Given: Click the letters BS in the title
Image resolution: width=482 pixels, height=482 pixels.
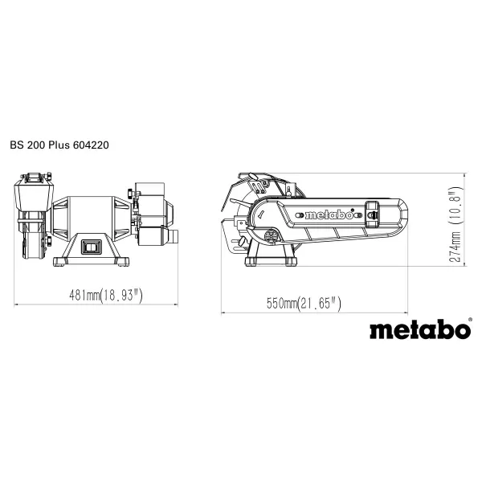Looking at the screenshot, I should pos(17,146).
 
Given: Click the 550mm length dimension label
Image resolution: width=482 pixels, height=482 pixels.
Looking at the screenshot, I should pos(282,304).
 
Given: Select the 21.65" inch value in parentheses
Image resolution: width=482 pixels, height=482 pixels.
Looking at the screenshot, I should pos(321,304).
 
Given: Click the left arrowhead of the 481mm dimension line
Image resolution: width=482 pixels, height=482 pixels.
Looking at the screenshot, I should pos(17,304).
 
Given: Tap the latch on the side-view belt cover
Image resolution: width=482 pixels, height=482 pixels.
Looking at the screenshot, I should pos(372,210).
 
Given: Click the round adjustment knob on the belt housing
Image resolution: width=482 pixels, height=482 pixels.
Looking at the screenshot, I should pos(271,236).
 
